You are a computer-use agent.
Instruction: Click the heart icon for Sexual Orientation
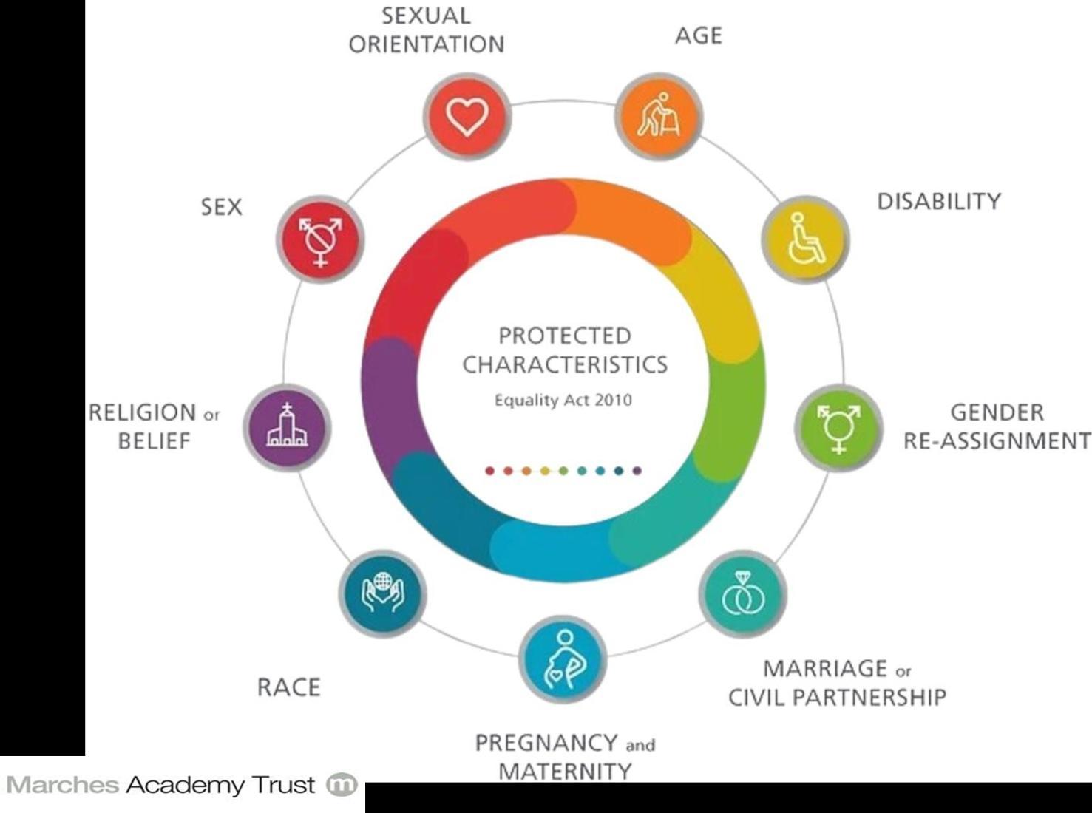pos(467,116)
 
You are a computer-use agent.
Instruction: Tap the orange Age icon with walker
pos(659,117)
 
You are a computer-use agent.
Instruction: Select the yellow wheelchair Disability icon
pos(806,239)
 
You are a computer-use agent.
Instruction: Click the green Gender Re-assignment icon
pos(839,428)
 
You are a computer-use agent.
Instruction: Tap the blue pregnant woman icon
pos(563,660)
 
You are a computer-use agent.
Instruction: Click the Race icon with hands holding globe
pos(382,593)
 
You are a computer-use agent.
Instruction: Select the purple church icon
pos(287,428)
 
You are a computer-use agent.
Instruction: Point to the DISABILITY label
pos(938,202)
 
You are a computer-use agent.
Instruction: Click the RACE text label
pos(288,687)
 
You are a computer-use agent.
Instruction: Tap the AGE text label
pos(698,35)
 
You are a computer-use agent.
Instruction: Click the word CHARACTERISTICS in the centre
pos(565,365)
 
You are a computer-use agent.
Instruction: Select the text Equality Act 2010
pos(563,401)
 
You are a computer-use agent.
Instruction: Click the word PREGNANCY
pos(546,743)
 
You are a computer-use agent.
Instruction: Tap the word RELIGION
pos(143,412)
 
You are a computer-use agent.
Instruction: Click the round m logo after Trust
pos(342,785)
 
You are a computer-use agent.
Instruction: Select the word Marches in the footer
pos(62,785)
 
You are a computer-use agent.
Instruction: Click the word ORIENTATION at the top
pos(427,44)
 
